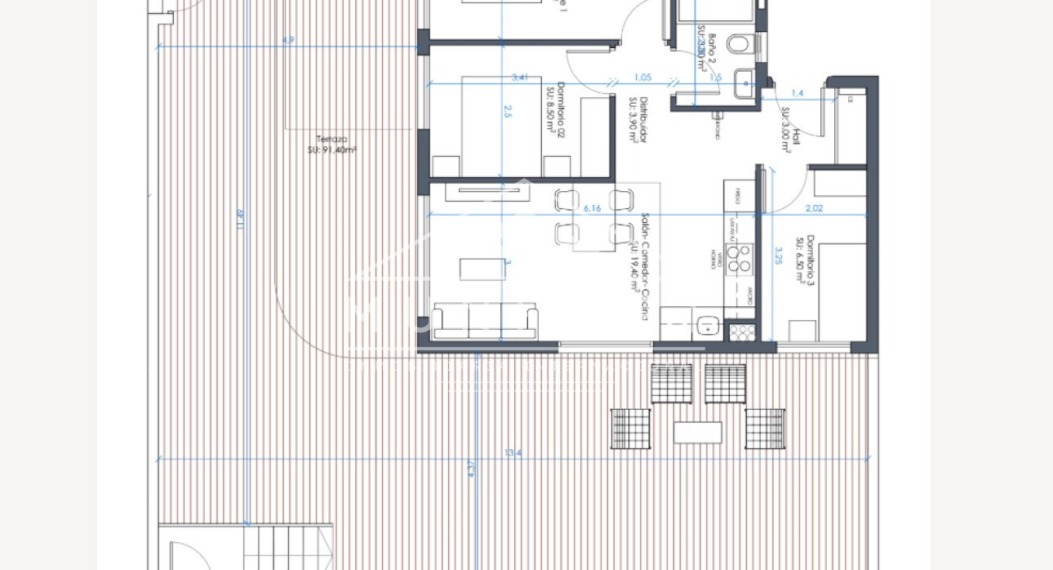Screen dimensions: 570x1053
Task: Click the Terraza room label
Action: point(331,145)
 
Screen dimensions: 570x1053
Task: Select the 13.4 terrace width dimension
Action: point(513,452)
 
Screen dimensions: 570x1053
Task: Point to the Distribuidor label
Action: point(638,121)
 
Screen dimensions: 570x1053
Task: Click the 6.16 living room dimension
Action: point(593,209)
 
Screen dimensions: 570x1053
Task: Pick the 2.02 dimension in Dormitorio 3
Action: point(814,209)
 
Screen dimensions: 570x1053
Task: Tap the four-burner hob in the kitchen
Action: point(740,259)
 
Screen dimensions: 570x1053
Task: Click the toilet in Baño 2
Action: point(740,44)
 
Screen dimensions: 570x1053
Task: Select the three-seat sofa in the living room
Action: point(485,321)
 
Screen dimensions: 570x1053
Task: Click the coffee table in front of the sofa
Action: point(482,269)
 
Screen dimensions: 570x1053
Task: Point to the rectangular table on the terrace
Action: point(698,432)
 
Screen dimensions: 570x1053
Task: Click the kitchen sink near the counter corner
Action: point(708,325)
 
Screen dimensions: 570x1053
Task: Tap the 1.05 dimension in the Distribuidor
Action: point(642,78)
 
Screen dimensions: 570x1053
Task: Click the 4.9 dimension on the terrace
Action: point(287,40)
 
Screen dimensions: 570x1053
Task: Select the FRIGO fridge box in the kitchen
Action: point(738,196)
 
